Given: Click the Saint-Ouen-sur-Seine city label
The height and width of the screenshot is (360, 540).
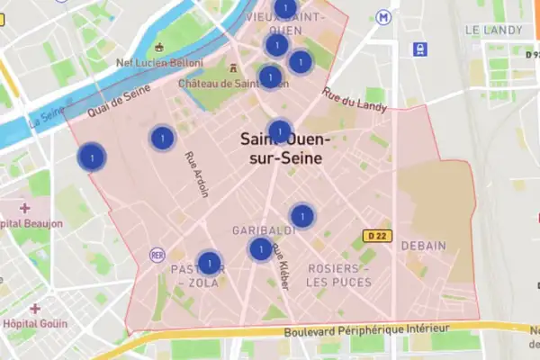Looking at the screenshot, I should (x=285, y=149).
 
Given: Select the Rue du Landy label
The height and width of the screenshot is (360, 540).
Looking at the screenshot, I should (x=355, y=101).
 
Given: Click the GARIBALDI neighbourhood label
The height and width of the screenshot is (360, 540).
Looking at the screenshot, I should (x=258, y=229).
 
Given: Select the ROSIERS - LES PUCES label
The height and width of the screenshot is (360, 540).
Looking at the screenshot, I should (x=338, y=275).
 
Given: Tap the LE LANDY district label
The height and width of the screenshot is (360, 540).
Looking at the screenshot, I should (x=493, y=30).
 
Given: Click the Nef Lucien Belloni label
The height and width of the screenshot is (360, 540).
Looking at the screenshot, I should (x=160, y=63).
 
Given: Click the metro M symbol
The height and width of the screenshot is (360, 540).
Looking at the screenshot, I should (x=384, y=16).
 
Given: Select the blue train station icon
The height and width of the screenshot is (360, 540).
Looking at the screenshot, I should (x=420, y=49).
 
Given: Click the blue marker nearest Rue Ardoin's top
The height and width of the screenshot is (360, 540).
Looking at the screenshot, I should (x=162, y=139).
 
